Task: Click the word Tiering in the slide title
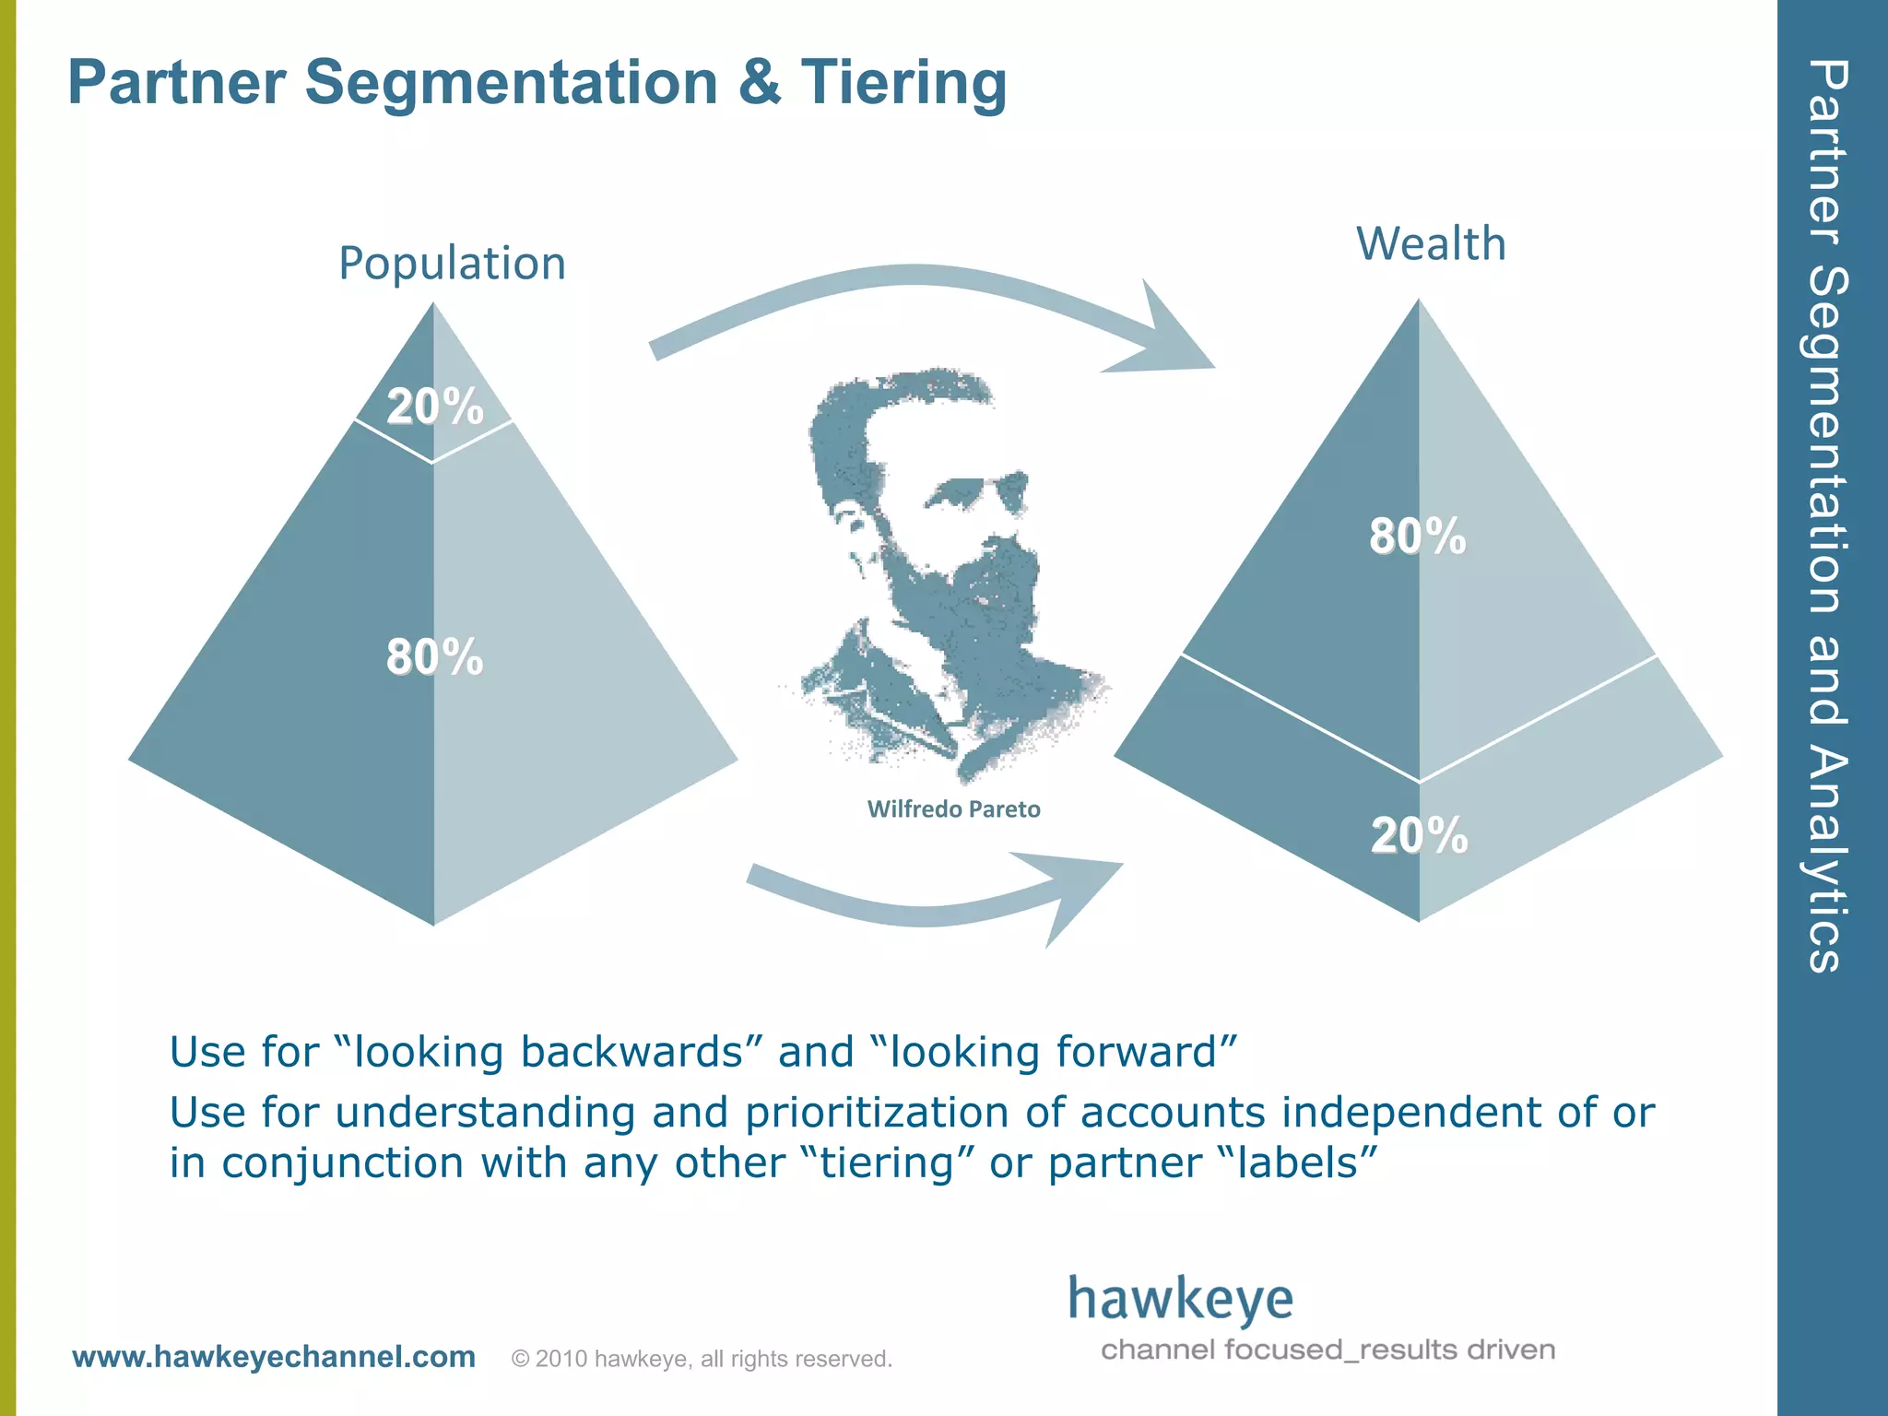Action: pos(903,83)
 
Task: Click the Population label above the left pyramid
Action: pos(452,264)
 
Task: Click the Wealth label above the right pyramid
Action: pos(1431,244)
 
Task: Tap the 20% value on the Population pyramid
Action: pos(434,407)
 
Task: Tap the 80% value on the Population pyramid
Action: pos(434,657)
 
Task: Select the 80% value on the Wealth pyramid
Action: pos(1417,537)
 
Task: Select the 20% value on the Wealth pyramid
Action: pos(1419,835)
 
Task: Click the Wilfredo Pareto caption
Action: pos(953,809)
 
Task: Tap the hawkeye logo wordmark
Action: pos(1180,1300)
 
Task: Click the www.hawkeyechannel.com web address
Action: pos(274,1357)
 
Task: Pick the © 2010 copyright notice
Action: pos(702,1359)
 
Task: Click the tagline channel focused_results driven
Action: pos(1327,1351)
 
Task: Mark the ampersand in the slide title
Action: pos(759,83)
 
